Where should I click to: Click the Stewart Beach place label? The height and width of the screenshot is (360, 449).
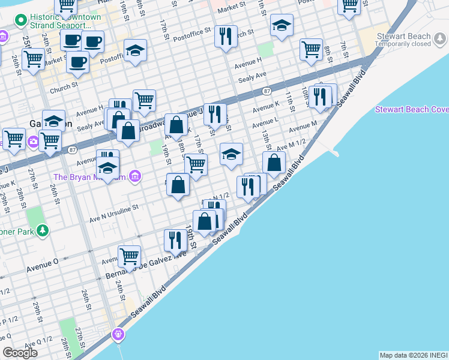tap(404, 36)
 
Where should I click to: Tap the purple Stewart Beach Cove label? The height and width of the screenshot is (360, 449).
tap(412, 110)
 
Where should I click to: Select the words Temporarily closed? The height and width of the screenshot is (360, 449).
tap(404, 44)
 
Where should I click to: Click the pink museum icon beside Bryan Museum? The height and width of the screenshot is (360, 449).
tap(136, 176)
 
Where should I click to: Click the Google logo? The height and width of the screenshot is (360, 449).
tap(20, 353)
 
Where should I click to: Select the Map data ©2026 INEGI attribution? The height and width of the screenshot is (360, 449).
tap(413, 355)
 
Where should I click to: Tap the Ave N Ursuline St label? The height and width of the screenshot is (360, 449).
tap(114, 207)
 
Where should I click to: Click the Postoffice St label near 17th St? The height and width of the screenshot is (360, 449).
tap(191, 29)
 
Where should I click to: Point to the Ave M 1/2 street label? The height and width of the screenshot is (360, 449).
tap(291, 144)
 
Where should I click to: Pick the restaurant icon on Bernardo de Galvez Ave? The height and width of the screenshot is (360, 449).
tap(175, 240)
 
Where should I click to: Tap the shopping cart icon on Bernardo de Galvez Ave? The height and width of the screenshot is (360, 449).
tap(129, 256)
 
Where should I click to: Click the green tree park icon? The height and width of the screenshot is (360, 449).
tap(42, 230)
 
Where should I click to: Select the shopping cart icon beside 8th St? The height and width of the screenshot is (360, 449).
tap(311, 50)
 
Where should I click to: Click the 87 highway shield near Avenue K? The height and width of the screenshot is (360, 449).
tap(267, 91)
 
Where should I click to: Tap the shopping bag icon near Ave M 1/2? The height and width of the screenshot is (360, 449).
tap(274, 162)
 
